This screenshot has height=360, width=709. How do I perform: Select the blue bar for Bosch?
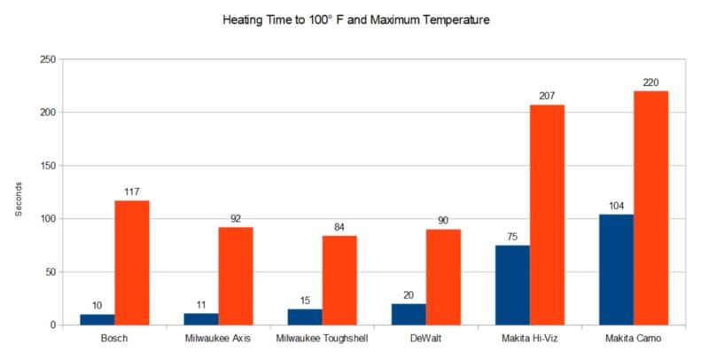point(97,319)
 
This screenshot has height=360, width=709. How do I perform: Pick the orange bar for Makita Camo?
point(651,208)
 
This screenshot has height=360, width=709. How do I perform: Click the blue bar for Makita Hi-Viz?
point(512,286)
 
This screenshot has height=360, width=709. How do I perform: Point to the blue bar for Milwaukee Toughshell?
point(305,317)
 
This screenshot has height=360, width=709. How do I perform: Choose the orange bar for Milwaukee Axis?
point(236,276)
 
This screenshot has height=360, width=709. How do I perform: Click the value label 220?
point(651,82)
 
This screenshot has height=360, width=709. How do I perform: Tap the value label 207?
point(547,96)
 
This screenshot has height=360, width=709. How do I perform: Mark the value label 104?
point(616,205)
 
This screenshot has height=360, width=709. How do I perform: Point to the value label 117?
point(132,192)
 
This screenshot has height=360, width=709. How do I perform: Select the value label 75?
point(512,236)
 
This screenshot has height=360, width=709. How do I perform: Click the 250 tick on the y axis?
point(48,59)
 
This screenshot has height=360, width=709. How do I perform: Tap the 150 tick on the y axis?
point(48,166)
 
